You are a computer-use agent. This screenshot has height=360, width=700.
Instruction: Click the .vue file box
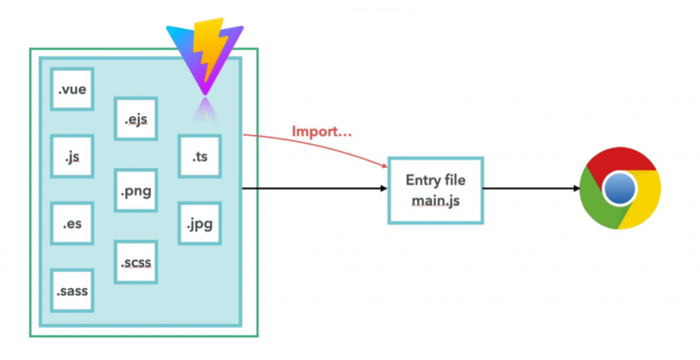coord(72,89)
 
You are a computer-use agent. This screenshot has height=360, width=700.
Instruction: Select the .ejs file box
coord(136,119)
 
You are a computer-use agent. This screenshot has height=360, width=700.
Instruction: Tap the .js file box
coord(72,156)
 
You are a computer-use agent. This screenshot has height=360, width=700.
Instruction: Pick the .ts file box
coord(200,156)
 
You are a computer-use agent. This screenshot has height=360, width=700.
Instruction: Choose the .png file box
coord(136,190)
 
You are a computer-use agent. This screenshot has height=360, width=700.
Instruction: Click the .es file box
coord(72,223)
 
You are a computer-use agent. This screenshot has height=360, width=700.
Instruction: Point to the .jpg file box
coord(200,223)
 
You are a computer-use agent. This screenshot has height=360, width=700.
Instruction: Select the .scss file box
coord(136,262)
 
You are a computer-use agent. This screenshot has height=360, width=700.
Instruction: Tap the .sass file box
coord(72,290)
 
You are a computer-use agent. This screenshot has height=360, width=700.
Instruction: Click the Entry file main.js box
coord(435,191)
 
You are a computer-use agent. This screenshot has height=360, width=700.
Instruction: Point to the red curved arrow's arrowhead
coord(384,166)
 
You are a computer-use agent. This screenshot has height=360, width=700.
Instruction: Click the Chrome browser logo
coord(620,189)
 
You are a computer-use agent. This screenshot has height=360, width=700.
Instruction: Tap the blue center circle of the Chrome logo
coord(619,189)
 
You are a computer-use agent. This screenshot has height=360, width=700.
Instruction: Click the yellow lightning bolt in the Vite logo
coord(208,50)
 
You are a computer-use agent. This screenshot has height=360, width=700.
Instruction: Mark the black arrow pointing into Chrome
coord(531,189)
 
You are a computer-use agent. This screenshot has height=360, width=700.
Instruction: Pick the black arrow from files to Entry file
coord(314,189)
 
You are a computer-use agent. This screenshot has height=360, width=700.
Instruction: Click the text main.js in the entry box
coord(435,201)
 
